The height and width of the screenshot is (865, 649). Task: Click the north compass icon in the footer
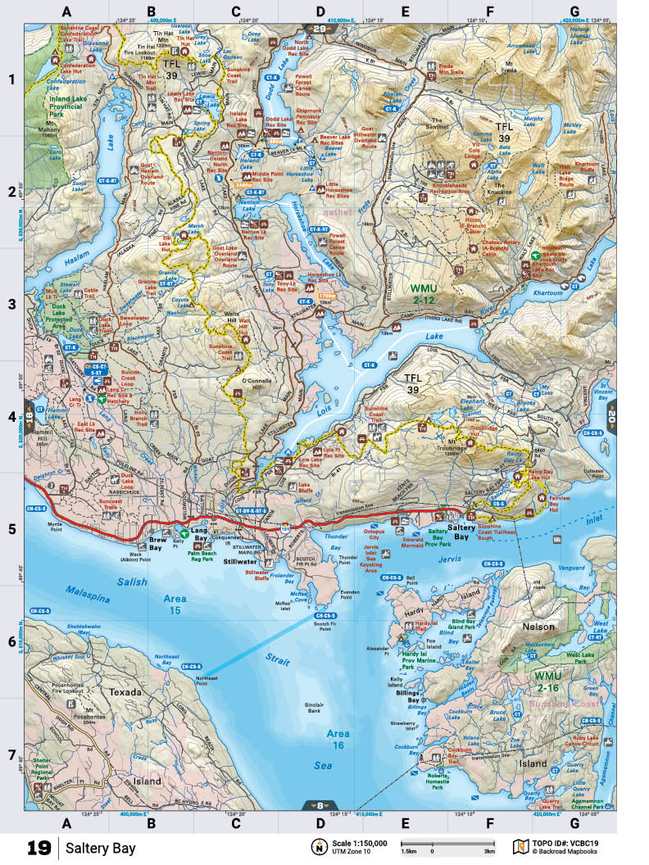click(316, 846)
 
